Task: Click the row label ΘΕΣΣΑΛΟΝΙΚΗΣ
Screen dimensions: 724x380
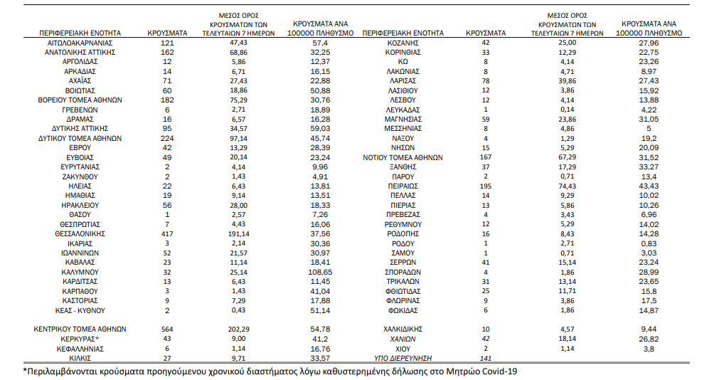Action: (x=80, y=233)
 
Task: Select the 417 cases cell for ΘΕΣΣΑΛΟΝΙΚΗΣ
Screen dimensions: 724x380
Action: (x=167, y=233)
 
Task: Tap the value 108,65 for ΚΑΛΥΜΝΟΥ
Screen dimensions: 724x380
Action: (x=321, y=272)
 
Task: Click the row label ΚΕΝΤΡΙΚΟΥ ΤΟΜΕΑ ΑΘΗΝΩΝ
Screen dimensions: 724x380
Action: (x=80, y=329)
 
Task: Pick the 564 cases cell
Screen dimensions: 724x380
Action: (x=167, y=329)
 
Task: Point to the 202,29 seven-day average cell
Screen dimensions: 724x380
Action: (x=238, y=329)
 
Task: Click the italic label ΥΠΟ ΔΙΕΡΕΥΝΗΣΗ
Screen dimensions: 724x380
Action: (x=403, y=359)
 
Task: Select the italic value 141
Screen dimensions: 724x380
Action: (x=486, y=359)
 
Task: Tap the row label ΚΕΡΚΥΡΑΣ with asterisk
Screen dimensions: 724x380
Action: (x=81, y=339)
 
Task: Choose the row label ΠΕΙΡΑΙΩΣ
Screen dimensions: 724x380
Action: (x=403, y=186)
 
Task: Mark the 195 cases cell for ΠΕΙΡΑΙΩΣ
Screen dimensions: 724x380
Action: (x=486, y=186)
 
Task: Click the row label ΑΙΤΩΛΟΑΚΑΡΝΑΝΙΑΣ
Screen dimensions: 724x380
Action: (x=80, y=43)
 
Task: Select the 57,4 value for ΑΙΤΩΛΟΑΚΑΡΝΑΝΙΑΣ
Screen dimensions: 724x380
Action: (x=321, y=43)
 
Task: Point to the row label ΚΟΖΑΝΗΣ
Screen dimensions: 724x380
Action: (x=403, y=43)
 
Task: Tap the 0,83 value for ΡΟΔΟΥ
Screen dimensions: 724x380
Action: (x=649, y=243)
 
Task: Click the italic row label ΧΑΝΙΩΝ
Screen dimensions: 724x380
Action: (x=403, y=339)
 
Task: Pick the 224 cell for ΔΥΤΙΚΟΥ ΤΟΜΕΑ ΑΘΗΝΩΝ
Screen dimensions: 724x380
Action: (x=167, y=138)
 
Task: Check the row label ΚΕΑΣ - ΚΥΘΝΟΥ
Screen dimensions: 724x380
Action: (x=80, y=311)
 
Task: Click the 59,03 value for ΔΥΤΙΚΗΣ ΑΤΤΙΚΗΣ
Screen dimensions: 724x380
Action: (x=321, y=128)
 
